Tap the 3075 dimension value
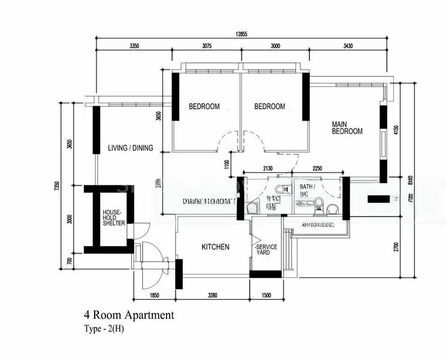pyautogui.click(x=207, y=46)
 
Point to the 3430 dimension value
pyautogui.click(x=355, y=46)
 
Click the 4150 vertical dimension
pyautogui.click(x=396, y=131)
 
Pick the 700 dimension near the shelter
pyautogui.click(x=69, y=261)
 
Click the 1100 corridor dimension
pyautogui.click(x=227, y=164)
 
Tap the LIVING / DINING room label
pyautogui.click(x=131, y=148)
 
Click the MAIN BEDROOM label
pyautogui.click(x=347, y=128)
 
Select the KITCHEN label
pyautogui.click(x=215, y=247)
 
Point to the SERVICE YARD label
pyautogui.click(x=266, y=250)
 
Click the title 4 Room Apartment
pyautogui.click(x=129, y=314)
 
